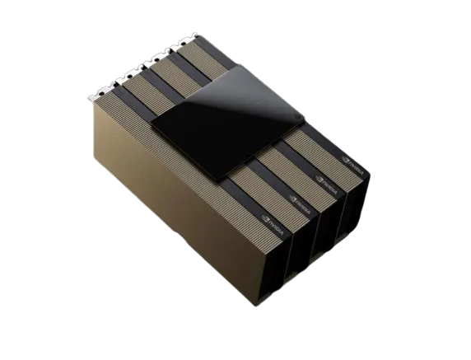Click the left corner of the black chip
[152, 123]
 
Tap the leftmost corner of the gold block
[87, 105]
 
